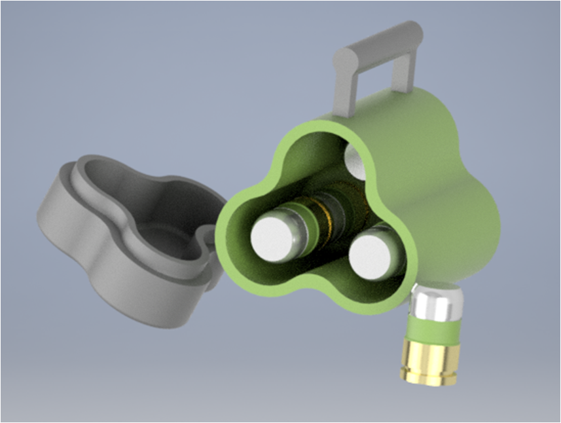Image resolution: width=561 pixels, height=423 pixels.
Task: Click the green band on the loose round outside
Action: [x=433, y=331]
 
